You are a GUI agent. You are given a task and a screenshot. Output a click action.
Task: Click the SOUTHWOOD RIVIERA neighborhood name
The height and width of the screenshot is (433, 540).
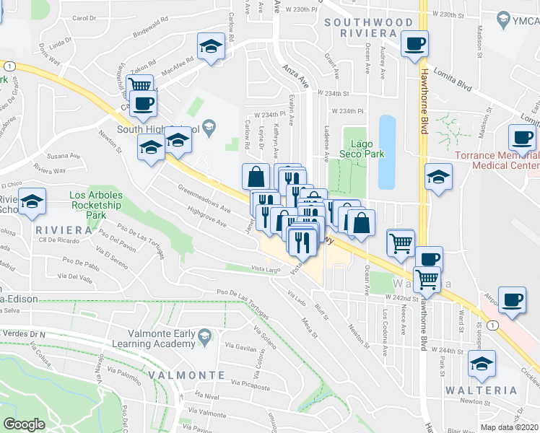pos(368,28)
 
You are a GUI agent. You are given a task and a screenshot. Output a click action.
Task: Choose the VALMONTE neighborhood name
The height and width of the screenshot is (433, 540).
pos(187,375)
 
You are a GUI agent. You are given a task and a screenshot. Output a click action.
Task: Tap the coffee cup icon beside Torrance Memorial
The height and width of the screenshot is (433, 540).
pos(523,137)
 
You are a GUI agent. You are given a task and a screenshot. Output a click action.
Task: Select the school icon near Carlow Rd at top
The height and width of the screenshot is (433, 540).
pos(210,47)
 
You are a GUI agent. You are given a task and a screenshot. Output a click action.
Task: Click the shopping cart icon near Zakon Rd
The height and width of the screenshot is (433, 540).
pos(139,87)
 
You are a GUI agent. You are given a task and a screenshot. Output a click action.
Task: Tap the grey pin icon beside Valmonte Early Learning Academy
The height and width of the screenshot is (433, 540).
pos(206,336)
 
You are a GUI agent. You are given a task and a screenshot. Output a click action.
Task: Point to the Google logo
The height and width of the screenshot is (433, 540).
pos(24,424)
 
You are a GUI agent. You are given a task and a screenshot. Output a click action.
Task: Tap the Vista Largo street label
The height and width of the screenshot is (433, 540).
pos(265,270)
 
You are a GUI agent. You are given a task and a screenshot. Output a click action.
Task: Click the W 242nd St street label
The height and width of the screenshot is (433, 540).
pos(402,298)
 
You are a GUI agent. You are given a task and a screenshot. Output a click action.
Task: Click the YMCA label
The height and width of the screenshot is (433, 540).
pos(521,19)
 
